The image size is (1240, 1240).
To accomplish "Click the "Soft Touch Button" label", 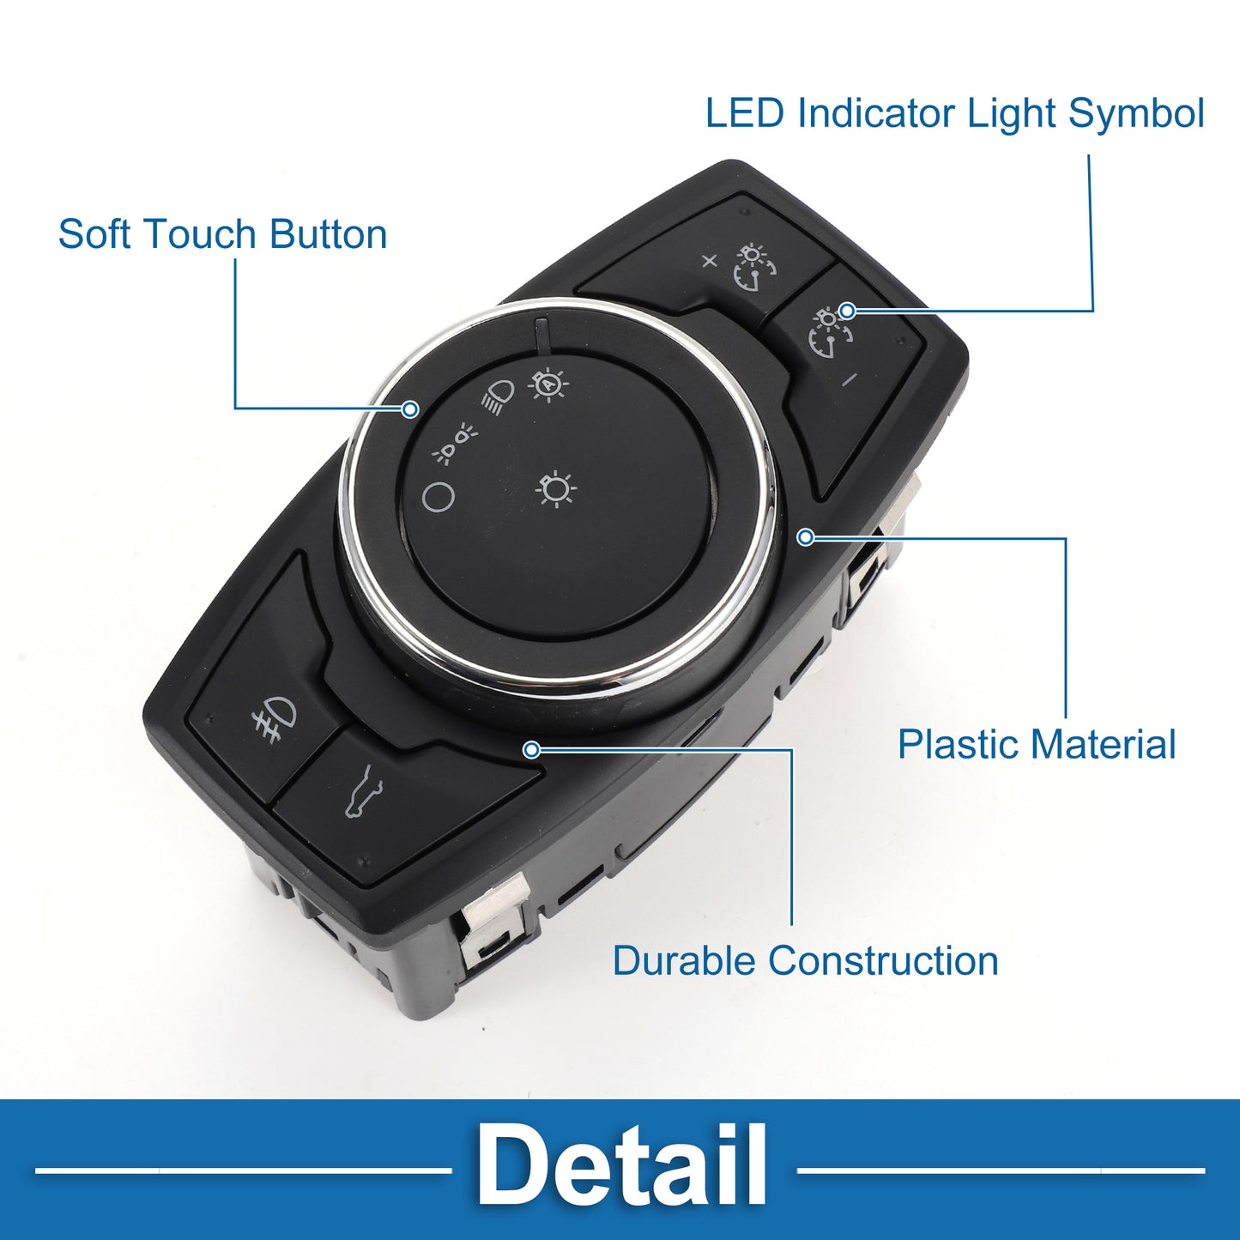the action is tap(222, 233).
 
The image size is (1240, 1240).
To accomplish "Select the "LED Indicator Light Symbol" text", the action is tap(955, 114).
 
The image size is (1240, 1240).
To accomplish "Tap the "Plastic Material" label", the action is tap(1037, 745).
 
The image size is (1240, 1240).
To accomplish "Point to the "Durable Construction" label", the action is tap(806, 961).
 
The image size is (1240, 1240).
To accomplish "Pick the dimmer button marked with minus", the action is tap(843, 366).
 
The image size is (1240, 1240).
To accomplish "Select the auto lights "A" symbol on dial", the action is tap(548, 384).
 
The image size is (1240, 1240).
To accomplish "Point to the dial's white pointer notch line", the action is tap(541, 333).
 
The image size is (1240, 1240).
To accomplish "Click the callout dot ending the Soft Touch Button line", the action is tap(409, 408).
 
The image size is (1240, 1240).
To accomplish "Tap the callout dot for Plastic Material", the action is tap(805, 536).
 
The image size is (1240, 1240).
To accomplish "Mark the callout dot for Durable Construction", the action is tap(531, 749).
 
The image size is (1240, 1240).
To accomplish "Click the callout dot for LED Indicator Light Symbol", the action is tap(848, 310).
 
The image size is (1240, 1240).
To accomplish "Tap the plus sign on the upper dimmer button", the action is tap(709, 261).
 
